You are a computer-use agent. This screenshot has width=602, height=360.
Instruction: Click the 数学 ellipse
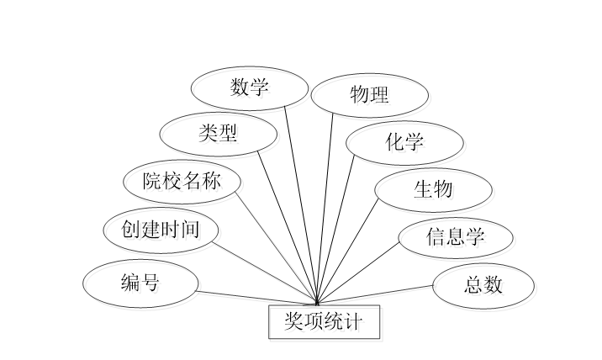[x=250, y=87]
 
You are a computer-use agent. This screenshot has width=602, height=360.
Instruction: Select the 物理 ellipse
[x=370, y=94]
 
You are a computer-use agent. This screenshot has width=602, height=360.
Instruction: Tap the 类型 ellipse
[x=219, y=133]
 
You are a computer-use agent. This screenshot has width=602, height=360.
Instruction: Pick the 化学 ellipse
[x=404, y=141]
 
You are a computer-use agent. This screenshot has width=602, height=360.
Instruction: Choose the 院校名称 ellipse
[x=181, y=181]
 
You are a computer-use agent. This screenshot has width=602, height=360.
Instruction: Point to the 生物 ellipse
[x=433, y=189]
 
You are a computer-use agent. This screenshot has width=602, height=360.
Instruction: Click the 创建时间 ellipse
[x=161, y=229]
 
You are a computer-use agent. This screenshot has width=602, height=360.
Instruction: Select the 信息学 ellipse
[x=455, y=236]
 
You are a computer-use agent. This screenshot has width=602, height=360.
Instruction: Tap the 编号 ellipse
[x=140, y=282]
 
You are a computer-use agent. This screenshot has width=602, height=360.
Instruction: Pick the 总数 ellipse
[x=483, y=285]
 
